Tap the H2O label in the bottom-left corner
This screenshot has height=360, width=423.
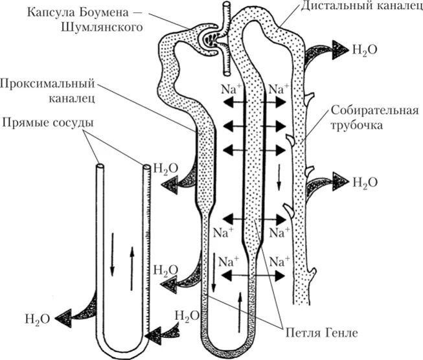click(36, 318)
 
